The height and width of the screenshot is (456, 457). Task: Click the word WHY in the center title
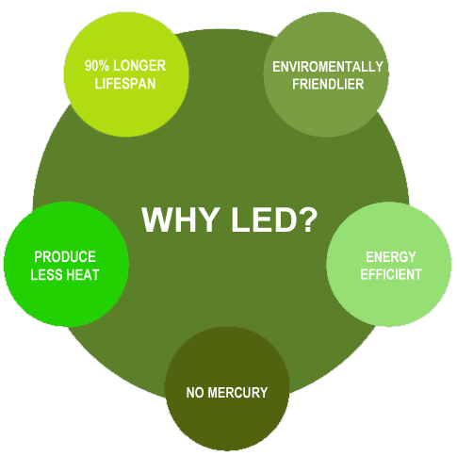tap(180, 220)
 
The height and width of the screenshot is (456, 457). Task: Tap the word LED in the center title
tap(264, 220)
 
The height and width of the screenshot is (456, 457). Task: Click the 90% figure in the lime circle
tap(97, 66)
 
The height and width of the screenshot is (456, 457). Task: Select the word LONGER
tap(139, 66)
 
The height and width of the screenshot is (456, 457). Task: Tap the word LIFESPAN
tap(125, 84)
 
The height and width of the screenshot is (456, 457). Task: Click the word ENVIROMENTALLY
tap(328, 67)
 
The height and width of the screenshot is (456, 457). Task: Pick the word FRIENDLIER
tap(328, 84)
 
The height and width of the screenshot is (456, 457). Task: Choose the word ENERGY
tap(391, 257)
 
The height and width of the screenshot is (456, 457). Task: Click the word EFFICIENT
tap(391, 274)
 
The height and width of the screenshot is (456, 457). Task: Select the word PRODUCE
tap(65, 256)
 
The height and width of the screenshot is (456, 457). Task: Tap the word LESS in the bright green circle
tap(46, 275)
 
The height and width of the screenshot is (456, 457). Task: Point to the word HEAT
tap(83, 275)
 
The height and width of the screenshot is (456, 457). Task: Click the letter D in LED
tap(285, 220)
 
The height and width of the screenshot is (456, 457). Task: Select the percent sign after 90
tap(104, 66)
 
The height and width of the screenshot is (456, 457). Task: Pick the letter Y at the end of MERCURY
tap(264, 393)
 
